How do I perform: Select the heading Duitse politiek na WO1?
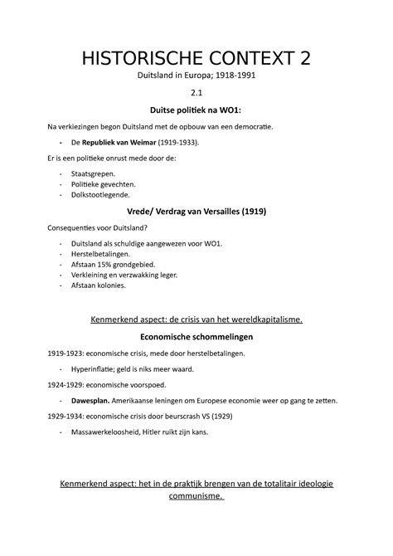point(196,110)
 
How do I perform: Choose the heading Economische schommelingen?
point(196,337)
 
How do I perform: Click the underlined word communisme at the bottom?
point(194,496)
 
